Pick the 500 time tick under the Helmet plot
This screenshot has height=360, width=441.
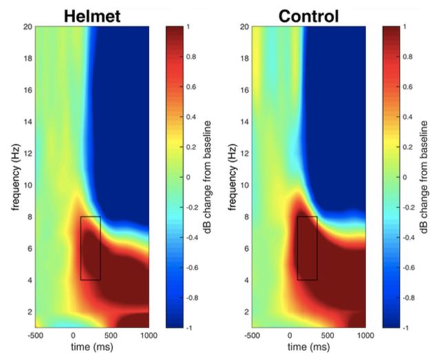[x=112, y=336]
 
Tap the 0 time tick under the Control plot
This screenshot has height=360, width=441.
[x=291, y=336]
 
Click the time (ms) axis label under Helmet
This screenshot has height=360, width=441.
[x=92, y=347]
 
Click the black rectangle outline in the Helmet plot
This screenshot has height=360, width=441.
[x=81, y=248]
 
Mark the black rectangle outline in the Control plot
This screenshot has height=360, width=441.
[x=298, y=248]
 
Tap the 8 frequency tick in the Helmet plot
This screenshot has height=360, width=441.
[x=28, y=216]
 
